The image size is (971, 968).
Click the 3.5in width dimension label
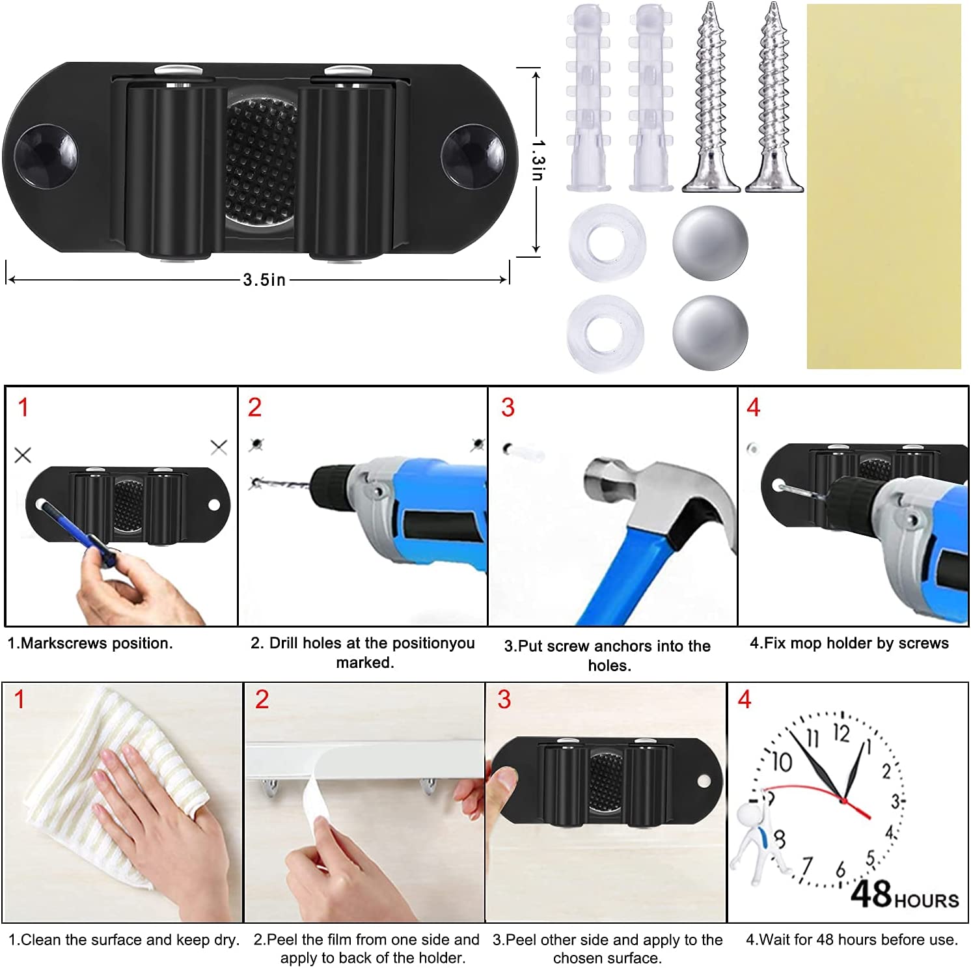pyautogui.click(x=264, y=280)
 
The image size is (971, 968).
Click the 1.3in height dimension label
pyautogui.click(x=538, y=159)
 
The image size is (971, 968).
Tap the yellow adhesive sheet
pyautogui.click(x=883, y=186)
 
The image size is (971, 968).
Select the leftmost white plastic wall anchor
pyautogui.click(x=588, y=98)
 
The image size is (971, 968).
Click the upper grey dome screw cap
pyautogui.click(x=710, y=243)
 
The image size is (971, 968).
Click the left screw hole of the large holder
pyautogui.click(x=46, y=156)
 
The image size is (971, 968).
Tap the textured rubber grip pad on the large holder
pyautogui.click(x=260, y=159)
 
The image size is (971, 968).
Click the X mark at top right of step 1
pyautogui.click(x=219, y=447)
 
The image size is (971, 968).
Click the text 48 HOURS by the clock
pyautogui.click(x=905, y=895)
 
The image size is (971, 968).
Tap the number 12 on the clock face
pyautogui.click(x=841, y=734)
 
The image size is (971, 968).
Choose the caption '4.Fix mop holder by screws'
pyautogui.click(x=849, y=643)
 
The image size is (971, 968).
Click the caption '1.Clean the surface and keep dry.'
pyautogui.click(x=124, y=940)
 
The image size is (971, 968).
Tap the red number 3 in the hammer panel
pyautogui.click(x=508, y=408)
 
